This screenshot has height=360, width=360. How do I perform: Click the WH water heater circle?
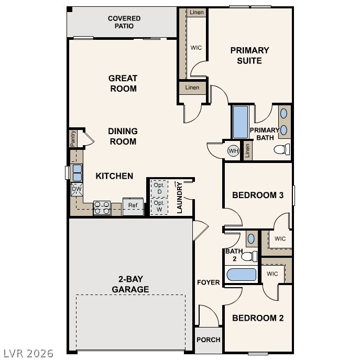click(233, 151)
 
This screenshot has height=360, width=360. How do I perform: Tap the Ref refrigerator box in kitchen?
click(133, 206)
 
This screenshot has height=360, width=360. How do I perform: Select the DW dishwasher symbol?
click(77, 189)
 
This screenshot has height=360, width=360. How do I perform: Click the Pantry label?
click(73, 139)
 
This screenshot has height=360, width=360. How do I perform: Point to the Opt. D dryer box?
click(159, 188)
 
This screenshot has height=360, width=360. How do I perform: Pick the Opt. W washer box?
click(159, 205)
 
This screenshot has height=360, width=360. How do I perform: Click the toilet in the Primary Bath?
click(282, 149)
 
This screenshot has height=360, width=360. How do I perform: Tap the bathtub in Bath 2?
click(241, 275)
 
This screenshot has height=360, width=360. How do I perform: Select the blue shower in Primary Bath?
click(240, 122)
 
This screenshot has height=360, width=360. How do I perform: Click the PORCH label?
click(209, 340)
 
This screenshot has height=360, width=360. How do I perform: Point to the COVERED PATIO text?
click(124, 22)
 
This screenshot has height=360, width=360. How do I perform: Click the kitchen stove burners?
click(101, 208)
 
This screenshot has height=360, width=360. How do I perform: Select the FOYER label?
click(209, 282)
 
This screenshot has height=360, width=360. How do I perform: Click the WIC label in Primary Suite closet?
click(197, 48)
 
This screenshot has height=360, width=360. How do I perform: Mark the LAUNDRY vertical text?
click(180, 198)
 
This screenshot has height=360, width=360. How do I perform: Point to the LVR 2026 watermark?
click(27, 353)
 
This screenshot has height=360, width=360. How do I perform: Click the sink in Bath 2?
click(251, 238)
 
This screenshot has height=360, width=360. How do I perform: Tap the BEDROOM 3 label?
click(258, 195)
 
